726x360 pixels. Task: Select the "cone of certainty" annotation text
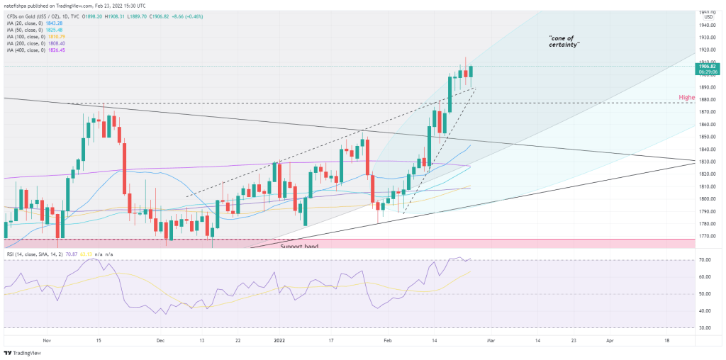564,40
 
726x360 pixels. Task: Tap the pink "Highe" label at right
686,98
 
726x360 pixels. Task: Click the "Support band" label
300,247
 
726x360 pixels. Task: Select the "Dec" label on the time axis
160,340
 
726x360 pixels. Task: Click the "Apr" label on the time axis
610,340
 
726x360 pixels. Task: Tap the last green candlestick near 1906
471,72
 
